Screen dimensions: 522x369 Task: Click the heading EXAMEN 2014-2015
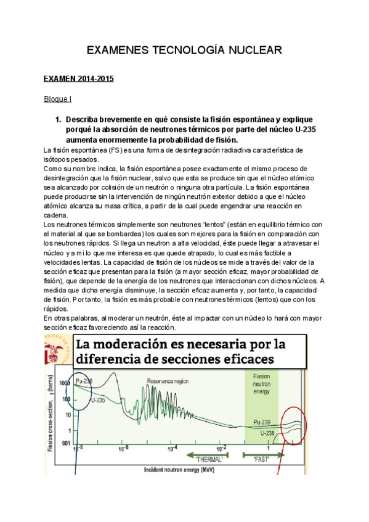pyautogui.click(x=78, y=79)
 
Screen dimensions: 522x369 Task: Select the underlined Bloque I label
pyautogui.click(x=58, y=98)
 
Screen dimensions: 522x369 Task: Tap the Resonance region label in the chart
pyautogui.click(x=168, y=380)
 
